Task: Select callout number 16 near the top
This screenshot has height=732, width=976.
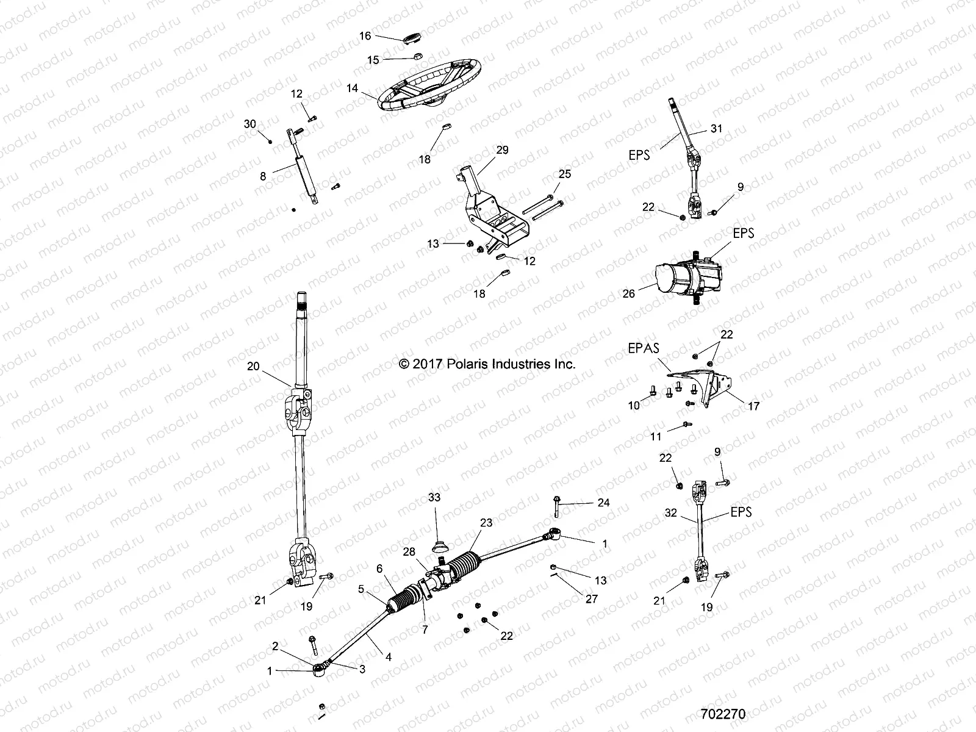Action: point(365,36)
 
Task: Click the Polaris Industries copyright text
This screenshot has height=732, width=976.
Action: point(487,364)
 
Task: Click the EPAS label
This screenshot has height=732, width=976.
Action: point(643,349)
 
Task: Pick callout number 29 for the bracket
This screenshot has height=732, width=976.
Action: point(502,150)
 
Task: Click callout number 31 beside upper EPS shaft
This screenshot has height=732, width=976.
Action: point(716,129)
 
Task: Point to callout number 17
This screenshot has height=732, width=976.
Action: point(753,406)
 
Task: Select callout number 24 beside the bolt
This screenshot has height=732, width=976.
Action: point(603,503)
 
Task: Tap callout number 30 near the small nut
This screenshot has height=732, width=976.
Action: point(249,124)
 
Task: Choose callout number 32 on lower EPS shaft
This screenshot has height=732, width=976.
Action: point(670,513)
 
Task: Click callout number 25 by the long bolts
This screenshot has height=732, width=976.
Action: point(564,174)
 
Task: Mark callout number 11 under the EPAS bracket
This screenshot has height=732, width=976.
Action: point(656,437)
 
